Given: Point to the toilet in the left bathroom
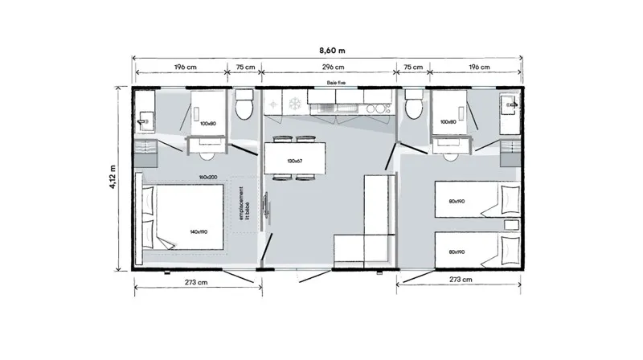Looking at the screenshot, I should (x=244, y=105).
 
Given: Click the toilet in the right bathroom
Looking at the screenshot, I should (x=414, y=105).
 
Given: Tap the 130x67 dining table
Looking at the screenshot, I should (x=295, y=160).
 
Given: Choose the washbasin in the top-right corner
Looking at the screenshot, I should (x=511, y=104).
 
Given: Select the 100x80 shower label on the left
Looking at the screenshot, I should (x=209, y=123).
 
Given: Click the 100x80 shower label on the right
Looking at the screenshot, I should (x=448, y=122).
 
